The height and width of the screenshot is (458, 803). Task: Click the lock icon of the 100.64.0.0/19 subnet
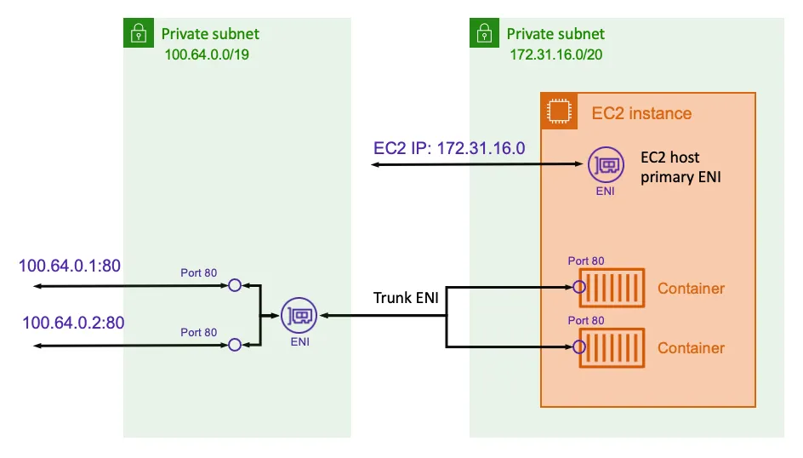(x=137, y=35)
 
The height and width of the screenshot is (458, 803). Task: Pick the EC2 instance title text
(x=641, y=113)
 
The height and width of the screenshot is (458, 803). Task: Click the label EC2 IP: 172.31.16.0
(x=449, y=147)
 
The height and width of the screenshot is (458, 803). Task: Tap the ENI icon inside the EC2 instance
(x=604, y=166)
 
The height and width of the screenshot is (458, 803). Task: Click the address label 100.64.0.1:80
(x=71, y=266)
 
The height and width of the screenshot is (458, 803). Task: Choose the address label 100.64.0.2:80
(x=73, y=323)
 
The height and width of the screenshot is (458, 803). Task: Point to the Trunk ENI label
(x=406, y=298)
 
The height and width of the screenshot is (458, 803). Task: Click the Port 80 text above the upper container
(x=586, y=261)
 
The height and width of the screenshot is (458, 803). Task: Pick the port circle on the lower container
(x=579, y=346)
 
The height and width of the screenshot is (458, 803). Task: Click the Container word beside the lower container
(x=691, y=348)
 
